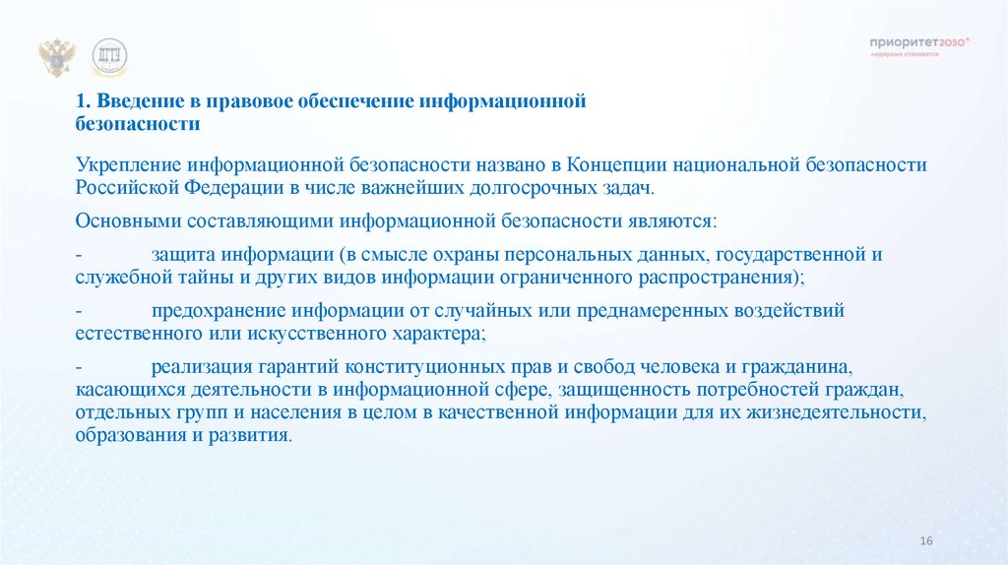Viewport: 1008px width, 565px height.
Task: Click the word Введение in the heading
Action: point(132,101)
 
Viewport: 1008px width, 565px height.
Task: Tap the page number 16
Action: point(924,542)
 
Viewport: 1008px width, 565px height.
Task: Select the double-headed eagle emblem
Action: point(57,58)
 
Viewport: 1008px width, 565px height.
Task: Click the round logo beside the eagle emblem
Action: point(109,58)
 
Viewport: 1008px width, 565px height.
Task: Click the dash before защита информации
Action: point(79,254)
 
